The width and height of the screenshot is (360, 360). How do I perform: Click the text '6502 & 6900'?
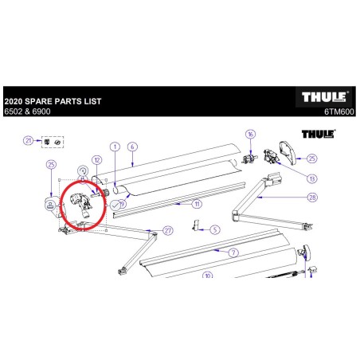(23, 112)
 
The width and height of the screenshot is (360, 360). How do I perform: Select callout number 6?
(132, 147)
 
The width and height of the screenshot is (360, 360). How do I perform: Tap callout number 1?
(114, 147)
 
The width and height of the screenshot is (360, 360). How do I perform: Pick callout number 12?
(96, 159)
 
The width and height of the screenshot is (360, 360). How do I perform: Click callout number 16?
(250, 135)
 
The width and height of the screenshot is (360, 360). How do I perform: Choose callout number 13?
(311, 179)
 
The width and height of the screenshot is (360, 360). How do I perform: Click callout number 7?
(233, 252)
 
